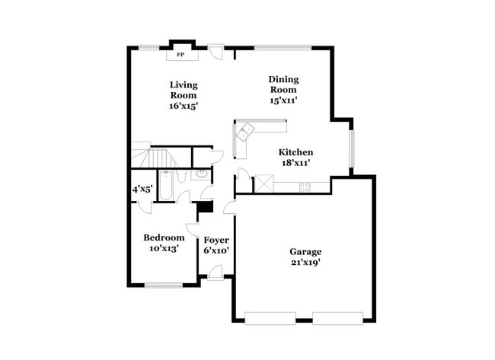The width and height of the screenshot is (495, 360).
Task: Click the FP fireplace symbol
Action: click(x=180, y=55)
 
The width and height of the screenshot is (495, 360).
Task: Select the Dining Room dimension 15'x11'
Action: click(x=283, y=100)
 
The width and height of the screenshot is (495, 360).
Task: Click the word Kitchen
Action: click(x=295, y=151)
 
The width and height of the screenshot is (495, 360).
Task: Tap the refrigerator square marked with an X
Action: click(x=264, y=183)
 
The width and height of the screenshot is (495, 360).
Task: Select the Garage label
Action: click(x=305, y=252)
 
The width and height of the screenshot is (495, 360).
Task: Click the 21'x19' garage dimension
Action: click(x=305, y=263)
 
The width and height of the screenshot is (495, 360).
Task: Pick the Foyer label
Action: click(x=216, y=240)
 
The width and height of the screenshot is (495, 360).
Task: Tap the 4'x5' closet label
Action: click(x=142, y=188)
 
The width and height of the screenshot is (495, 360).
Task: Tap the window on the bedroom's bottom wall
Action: click(x=161, y=285)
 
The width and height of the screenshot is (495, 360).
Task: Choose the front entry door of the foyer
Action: click(x=216, y=272)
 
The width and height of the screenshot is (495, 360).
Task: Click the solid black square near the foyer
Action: click(x=204, y=207)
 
